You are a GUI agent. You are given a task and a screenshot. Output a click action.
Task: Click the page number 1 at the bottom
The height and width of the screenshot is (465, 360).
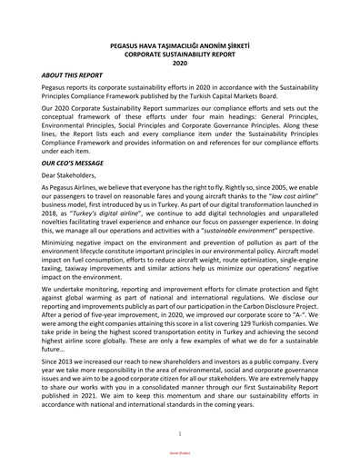[x=179, y=435]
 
